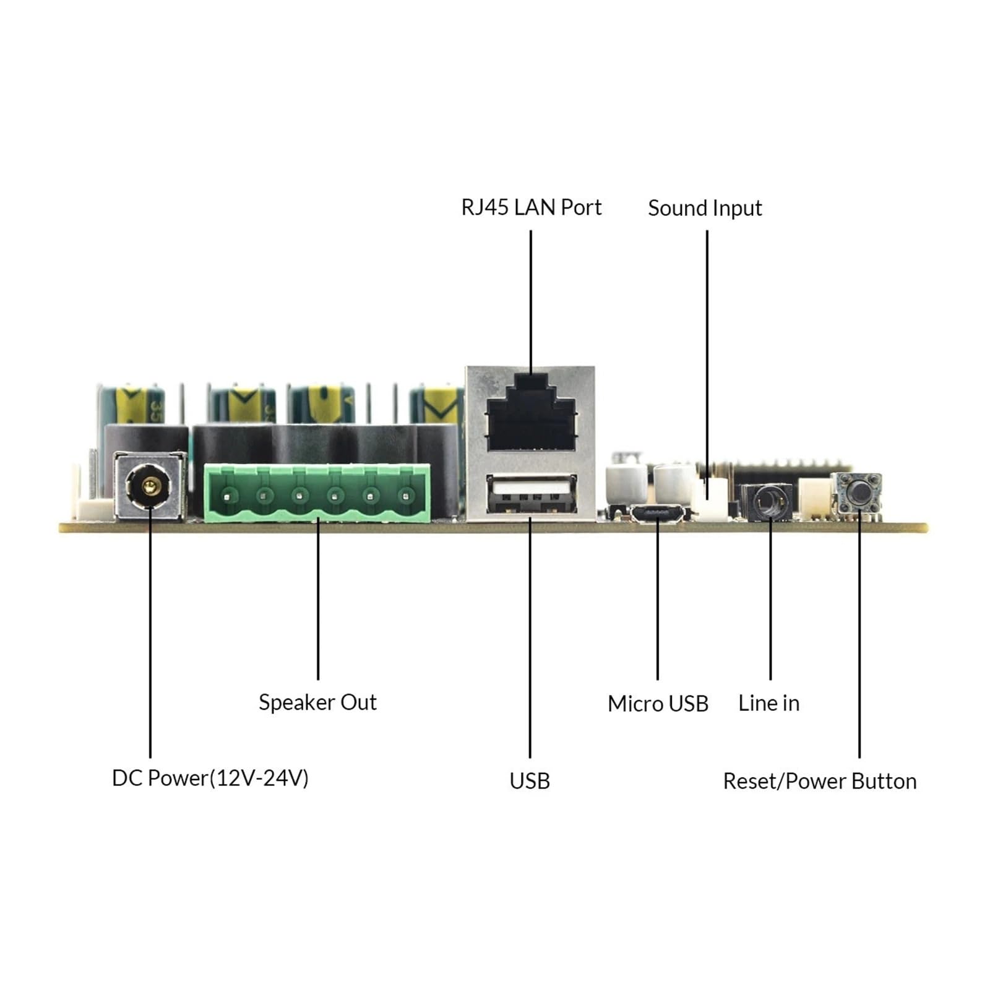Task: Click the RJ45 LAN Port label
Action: [x=531, y=207]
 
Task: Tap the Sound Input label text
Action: [x=705, y=209]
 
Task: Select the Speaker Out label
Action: [x=317, y=702]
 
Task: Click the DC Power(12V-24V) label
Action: [x=210, y=778]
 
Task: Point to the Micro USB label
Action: [x=658, y=704]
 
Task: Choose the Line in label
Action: [x=768, y=703]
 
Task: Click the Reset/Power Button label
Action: [x=820, y=781]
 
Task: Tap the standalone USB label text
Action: [x=530, y=781]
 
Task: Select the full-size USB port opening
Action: [x=532, y=494]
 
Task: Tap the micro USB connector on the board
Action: [x=657, y=514]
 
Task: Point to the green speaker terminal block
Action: [x=317, y=493]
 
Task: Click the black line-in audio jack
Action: [x=767, y=501]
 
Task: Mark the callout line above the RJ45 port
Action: [x=531, y=302]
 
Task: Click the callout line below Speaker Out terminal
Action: [x=318, y=600]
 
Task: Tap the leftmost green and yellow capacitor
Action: [x=131, y=403]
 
